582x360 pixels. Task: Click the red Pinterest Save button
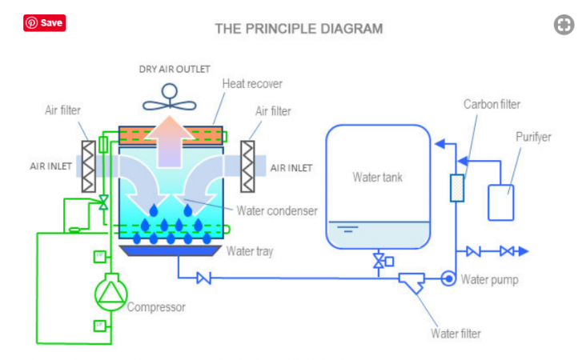[x=45, y=23]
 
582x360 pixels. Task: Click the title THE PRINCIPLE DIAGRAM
[x=299, y=29]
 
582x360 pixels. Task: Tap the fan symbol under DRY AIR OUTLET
[x=170, y=97]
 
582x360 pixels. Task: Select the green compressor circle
[x=111, y=294]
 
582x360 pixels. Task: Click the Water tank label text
[x=377, y=178]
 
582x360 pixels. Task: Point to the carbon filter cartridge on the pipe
[x=457, y=188]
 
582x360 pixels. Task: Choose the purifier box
[x=500, y=202]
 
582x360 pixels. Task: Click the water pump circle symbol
[x=448, y=278]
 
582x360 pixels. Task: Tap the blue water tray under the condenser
[x=171, y=250]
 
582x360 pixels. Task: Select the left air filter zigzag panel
[x=88, y=166]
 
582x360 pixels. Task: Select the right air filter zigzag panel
[x=247, y=166]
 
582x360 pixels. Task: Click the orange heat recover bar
[x=171, y=136]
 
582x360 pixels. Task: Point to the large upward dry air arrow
[x=169, y=142]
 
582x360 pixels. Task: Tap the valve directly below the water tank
[x=379, y=261]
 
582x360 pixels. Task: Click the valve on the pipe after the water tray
[x=204, y=278]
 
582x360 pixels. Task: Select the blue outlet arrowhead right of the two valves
[x=524, y=251]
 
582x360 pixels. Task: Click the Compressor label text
[x=156, y=307]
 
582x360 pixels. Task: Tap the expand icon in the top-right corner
[x=564, y=25]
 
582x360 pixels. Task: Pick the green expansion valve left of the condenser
[x=103, y=202]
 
